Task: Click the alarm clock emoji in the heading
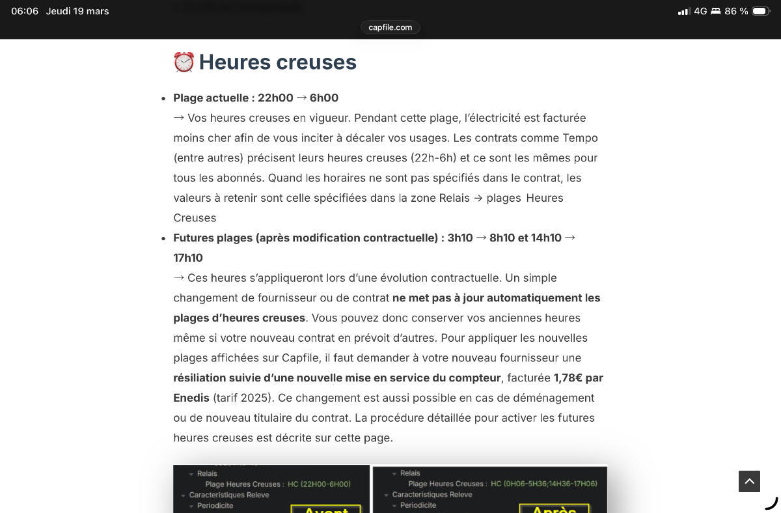(x=184, y=62)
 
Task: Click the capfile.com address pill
(x=390, y=27)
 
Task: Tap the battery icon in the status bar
(x=760, y=11)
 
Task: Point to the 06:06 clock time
(x=25, y=11)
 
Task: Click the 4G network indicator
(x=700, y=11)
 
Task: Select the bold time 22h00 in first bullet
(x=275, y=98)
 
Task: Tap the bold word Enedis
(x=191, y=398)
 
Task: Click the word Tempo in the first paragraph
(x=580, y=138)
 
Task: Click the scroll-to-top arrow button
(x=749, y=481)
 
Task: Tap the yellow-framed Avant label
(x=325, y=508)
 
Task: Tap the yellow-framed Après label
(x=554, y=508)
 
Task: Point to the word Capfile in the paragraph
(x=301, y=358)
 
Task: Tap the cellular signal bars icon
(x=683, y=11)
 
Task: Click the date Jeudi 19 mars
(x=77, y=11)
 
